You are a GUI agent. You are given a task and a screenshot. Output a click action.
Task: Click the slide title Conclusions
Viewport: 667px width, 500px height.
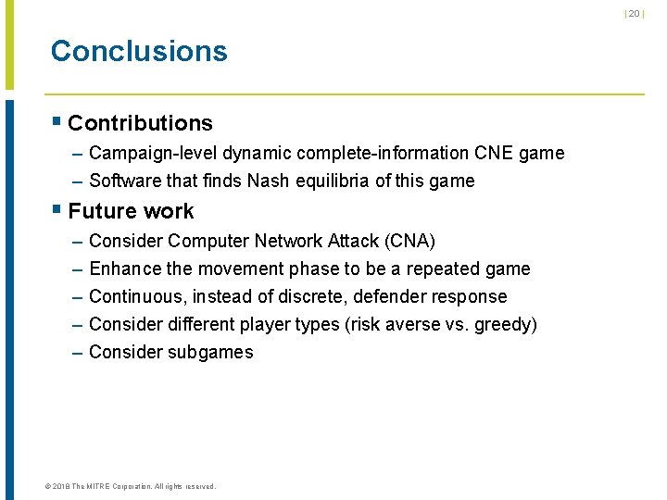[139, 51]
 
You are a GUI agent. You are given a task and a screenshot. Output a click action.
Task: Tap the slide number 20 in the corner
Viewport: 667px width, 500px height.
[635, 13]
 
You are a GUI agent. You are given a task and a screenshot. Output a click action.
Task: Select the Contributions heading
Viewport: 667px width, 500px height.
[140, 123]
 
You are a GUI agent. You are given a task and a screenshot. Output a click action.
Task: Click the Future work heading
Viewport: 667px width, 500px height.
[131, 211]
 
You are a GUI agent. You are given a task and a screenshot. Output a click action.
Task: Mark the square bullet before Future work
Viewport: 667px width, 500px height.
[57, 210]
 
